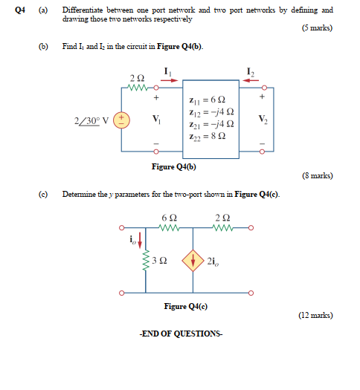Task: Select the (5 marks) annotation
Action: point(317,29)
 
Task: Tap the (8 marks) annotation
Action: point(317,176)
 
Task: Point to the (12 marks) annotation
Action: point(315,315)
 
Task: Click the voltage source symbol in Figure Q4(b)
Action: point(123,120)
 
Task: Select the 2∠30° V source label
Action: point(93,120)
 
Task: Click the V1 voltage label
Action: point(156,119)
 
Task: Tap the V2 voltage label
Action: point(261,119)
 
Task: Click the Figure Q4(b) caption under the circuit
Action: point(174,167)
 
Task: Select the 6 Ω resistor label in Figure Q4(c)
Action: point(168,217)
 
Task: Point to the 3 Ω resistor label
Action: point(157,261)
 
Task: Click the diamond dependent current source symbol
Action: point(195,261)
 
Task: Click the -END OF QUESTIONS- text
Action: point(180,334)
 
